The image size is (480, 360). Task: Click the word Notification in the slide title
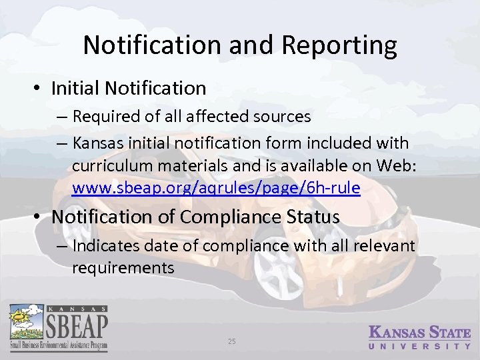151,45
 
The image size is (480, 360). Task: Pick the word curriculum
108,166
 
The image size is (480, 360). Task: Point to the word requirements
123,268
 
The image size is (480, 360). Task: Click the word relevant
385,247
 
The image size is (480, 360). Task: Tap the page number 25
232,342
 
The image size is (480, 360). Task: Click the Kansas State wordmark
420,332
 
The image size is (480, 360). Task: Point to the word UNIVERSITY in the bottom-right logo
420,347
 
